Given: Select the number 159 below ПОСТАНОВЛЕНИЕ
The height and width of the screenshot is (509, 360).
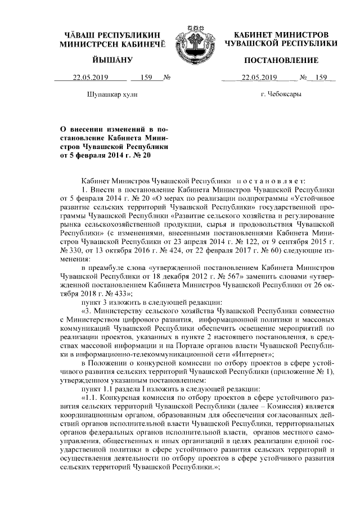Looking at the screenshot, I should [321, 78].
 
